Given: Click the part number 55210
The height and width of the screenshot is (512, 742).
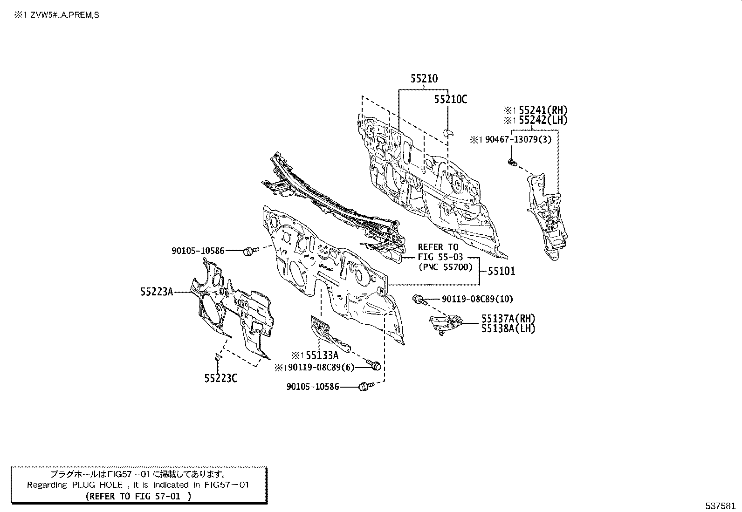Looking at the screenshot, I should click(x=424, y=79).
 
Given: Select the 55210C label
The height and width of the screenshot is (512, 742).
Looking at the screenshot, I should click(x=450, y=99).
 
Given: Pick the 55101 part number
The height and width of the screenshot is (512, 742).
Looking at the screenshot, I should click(x=502, y=271).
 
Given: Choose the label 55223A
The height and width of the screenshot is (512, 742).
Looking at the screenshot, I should click(x=157, y=292).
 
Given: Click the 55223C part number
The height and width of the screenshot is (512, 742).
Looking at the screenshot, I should click(x=220, y=378).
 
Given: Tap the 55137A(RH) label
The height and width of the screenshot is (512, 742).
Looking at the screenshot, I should click(x=508, y=319).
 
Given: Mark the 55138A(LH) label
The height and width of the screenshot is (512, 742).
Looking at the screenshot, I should click(x=508, y=328).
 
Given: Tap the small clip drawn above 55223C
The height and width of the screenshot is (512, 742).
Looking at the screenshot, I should click(x=218, y=357).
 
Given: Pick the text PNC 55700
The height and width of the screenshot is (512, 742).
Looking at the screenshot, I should click(x=445, y=267).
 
